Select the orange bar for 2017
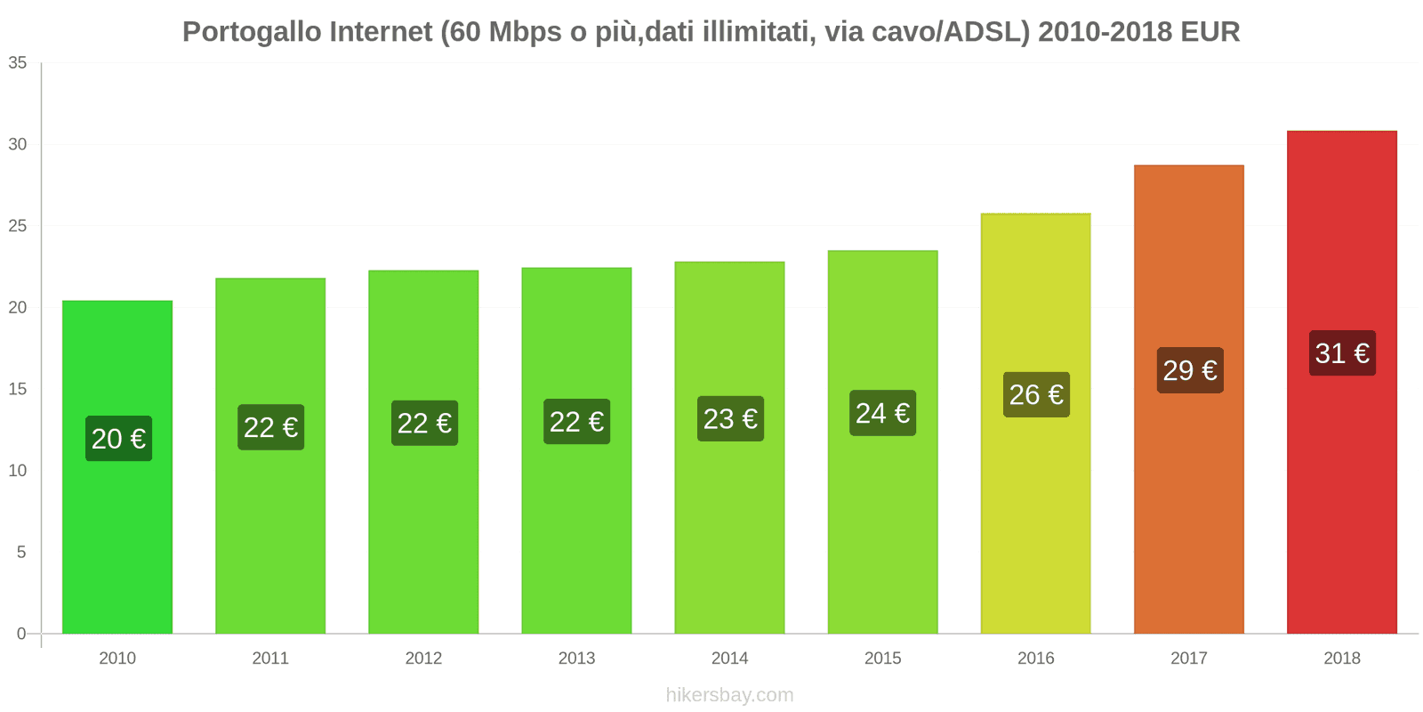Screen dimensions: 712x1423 pos(1188,516)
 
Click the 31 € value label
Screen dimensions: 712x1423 pos(1342,353)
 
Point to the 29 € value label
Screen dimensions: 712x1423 pos(1189,370)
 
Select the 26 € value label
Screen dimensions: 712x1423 pos(1036,394)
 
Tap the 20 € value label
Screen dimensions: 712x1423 pos(118,439)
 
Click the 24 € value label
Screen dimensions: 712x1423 pos(882,413)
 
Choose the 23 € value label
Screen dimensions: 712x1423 pos(730,419)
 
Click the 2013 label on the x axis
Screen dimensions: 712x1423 pos(576,659)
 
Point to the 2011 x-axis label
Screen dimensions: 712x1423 pos(270,659)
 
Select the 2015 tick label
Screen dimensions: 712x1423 pos(882,659)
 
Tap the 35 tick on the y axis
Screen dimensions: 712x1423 pos(18,63)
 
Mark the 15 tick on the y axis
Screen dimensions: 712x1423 pos(18,389)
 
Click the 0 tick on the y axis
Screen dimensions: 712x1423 pos(21,634)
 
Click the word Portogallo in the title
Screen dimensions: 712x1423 pos(252,32)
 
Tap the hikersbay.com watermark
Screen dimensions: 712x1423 pos(729,695)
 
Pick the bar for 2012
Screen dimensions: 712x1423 pos(423,534)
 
